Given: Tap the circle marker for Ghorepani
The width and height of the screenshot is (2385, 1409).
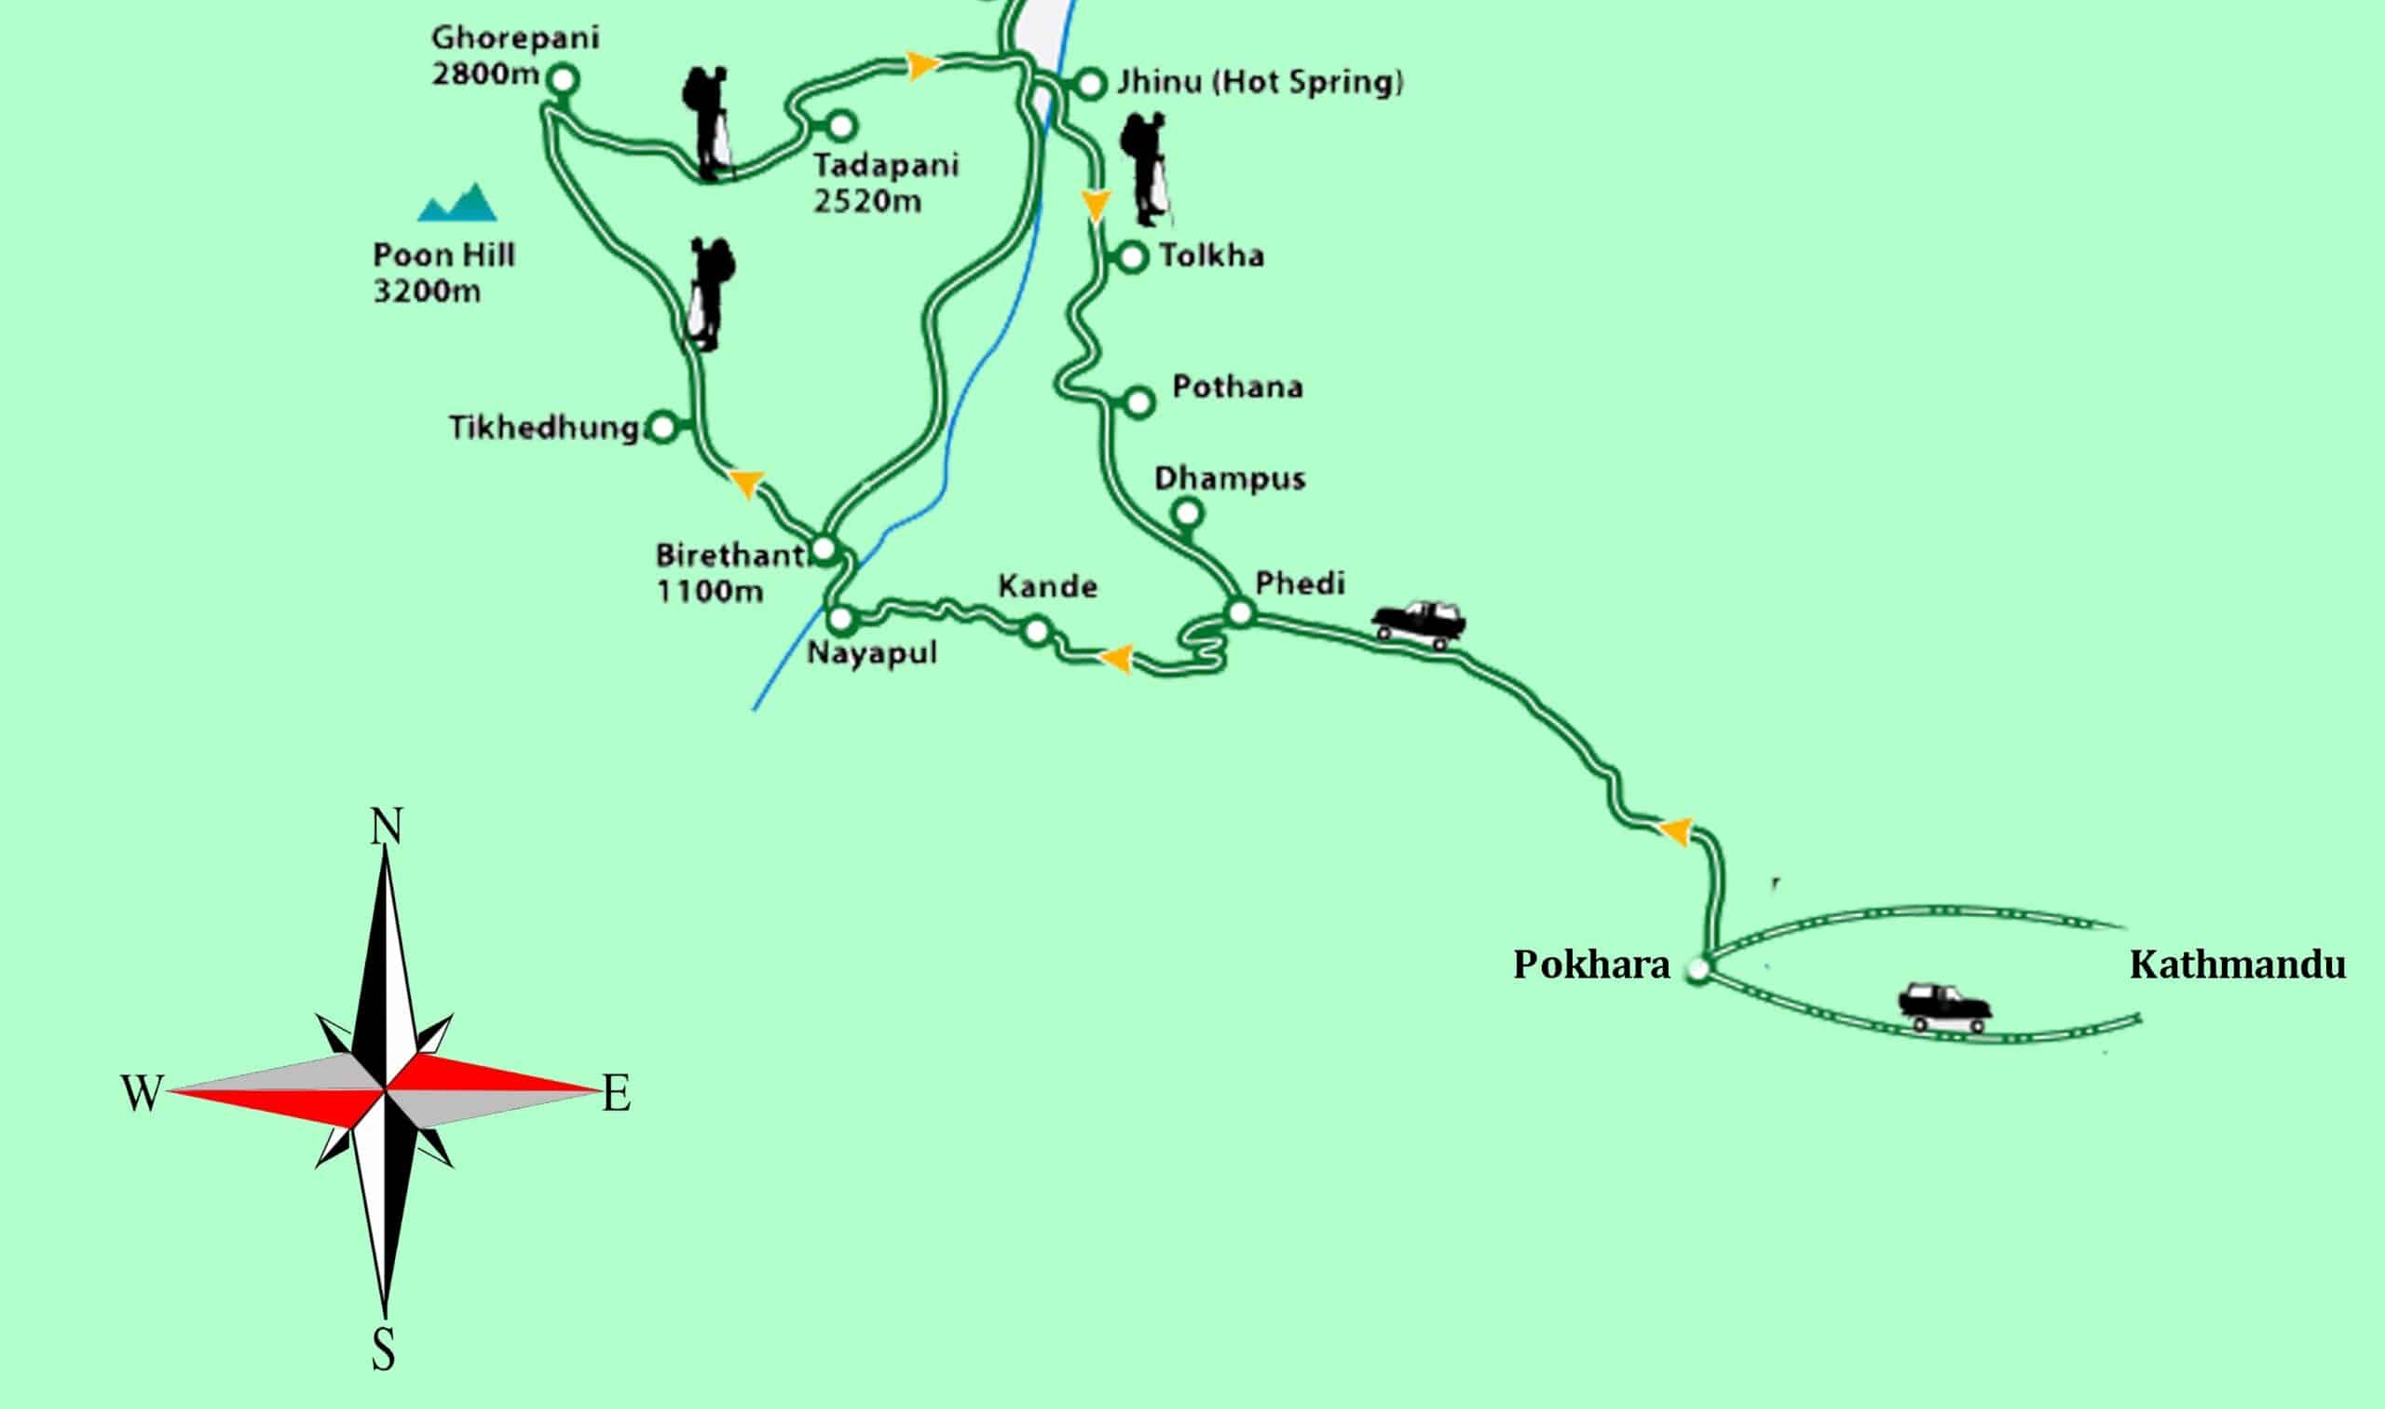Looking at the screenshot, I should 564,79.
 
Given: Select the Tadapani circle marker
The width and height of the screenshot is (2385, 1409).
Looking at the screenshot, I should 841,124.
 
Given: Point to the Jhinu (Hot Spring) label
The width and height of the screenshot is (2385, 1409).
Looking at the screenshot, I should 1260,83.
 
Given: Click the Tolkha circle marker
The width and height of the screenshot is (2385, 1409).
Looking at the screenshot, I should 1132,256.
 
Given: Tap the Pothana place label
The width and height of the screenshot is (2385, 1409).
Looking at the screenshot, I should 1237,388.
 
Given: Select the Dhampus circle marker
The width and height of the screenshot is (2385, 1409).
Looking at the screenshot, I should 1187,513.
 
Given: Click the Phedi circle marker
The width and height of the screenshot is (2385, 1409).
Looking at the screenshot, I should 1240,613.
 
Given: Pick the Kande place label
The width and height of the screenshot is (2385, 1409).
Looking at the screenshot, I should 1048,587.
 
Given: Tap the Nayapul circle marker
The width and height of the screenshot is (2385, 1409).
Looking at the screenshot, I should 840,620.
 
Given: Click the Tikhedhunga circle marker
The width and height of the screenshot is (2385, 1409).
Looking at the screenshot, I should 662,427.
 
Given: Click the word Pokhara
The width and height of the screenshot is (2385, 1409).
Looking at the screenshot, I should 1590,965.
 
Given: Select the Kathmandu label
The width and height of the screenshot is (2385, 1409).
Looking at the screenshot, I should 2237,965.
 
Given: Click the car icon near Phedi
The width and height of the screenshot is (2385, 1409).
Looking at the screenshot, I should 1419,622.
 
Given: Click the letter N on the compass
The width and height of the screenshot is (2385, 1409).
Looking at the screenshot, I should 386,826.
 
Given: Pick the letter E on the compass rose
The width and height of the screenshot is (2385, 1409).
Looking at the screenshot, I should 617,1095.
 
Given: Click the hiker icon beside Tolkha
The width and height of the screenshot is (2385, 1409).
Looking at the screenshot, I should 1145,169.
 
